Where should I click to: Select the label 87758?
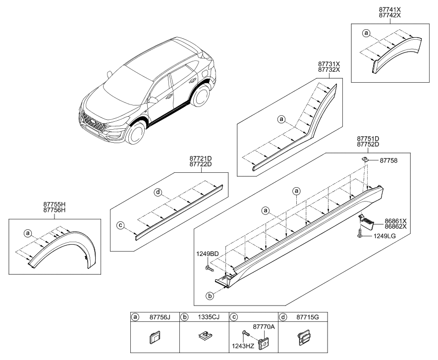pos(389,160)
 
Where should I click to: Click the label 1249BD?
pos(207,254)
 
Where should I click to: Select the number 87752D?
pos(368,145)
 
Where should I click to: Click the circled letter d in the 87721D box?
pos(157,192)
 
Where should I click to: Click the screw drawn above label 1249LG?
pos(357,234)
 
